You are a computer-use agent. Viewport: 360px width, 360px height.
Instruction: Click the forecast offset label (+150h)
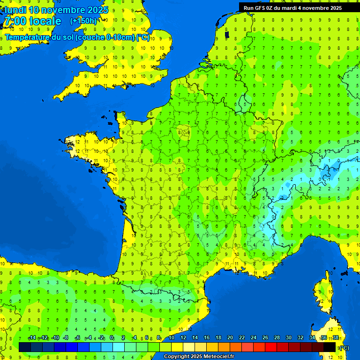pos(83,21)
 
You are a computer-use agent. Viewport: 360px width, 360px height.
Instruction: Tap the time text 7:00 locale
pos(32,21)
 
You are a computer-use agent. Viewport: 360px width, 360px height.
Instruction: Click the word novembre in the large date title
pos(63,10)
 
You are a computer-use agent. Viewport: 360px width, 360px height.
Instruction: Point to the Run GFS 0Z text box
pos(292,8)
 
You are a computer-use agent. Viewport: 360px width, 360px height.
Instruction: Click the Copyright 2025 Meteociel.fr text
pos(199,357)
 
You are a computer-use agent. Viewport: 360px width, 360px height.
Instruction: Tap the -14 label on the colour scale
pos(32,337)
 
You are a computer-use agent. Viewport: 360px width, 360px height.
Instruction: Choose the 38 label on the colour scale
pos(336,337)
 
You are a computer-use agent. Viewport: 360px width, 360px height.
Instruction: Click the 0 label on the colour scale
pos(112,337)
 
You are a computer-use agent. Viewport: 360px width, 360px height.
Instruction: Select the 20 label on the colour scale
pos(230,337)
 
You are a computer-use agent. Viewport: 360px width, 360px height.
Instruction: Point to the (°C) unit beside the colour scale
pos(344,347)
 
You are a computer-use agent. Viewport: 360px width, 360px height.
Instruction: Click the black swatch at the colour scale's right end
pos(330,347)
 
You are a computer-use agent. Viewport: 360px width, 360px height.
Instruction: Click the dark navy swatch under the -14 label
pos(25,347)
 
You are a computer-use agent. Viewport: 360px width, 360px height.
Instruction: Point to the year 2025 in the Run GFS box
pos(333,8)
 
